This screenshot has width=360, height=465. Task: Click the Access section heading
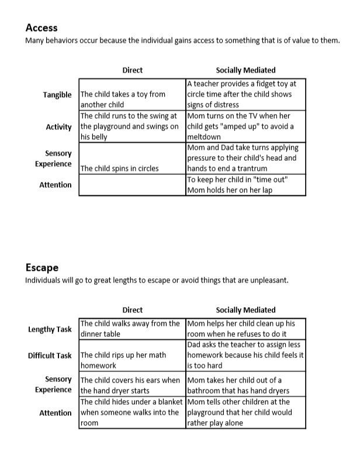pyautogui.click(x=41, y=27)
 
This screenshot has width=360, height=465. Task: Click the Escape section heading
pyautogui.click(x=41, y=267)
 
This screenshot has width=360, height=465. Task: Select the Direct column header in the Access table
pyautogui.click(x=132, y=70)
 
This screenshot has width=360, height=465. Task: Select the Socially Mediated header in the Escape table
pyautogui.click(x=245, y=310)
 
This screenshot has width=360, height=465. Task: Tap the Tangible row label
pyautogui.click(x=57, y=95)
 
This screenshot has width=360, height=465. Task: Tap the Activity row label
pyautogui.click(x=58, y=127)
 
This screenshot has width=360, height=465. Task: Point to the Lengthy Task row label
pyautogui.click(x=50, y=329)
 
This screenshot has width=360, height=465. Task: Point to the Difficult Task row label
pyautogui.click(x=50, y=356)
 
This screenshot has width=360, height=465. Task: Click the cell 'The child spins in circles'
pyautogui.click(x=119, y=168)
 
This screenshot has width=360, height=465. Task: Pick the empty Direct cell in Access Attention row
pyautogui.click(x=132, y=185)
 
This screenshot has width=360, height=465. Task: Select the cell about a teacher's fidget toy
pyautogui.click(x=245, y=95)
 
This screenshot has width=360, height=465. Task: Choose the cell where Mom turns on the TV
pyautogui.click(x=245, y=127)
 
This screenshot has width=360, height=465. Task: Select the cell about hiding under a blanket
pyautogui.click(x=131, y=412)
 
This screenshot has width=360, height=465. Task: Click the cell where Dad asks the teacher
pyautogui.click(x=245, y=356)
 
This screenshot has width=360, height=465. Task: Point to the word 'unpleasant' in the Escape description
pyautogui.click(x=269, y=280)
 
